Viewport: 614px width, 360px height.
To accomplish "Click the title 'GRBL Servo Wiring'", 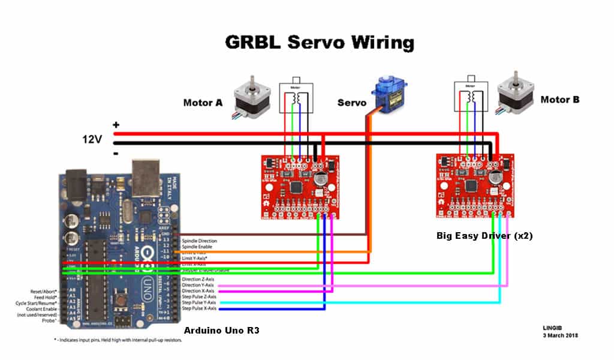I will (319, 43).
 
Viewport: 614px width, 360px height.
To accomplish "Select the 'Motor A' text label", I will (202, 103).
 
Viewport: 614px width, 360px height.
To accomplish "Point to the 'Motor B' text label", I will (560, 100).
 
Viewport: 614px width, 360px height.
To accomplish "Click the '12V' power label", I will (92, 139).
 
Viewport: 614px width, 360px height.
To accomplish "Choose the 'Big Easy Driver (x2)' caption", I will (484, 236).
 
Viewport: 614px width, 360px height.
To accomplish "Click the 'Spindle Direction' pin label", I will (200, 241).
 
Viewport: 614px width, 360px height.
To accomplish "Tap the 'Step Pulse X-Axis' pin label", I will (199, 308).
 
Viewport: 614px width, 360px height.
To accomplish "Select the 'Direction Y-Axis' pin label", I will (198, 285).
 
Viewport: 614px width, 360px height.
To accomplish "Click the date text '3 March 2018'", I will (559, 335).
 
